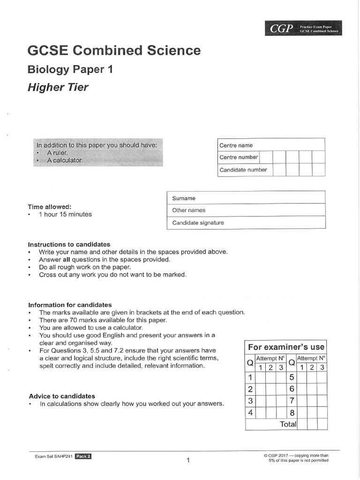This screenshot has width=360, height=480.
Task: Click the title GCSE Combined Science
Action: pyautogui.click(x=114, y=51)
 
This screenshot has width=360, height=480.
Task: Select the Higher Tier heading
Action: pyautogui.click(x=58, y=87)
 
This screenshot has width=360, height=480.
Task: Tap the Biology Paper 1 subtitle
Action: pyautogui.click(x=70, y=69)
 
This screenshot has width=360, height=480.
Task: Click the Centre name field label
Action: pyautogui.click(x=236, y=145)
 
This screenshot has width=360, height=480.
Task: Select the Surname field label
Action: pyautogui.click(x=184, y=198)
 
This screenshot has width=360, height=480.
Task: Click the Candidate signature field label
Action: pyautogui.click(x=198, y=223)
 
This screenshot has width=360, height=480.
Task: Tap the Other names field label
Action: pyautogui.click(x=188, y=210)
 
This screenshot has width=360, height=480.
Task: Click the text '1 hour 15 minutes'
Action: pyautogui.click(x=65, y=214)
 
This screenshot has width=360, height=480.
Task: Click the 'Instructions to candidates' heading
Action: pyautogui.click(x=69, y=244)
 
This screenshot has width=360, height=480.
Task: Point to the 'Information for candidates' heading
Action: pyautogui.click(x=70, y=305)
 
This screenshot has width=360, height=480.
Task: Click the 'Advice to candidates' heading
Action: pyautogui.click(x=62, y=396)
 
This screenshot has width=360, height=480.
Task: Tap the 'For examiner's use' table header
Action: pyautogui.click(x=286, y=347)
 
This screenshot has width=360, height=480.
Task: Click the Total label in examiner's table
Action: pyautogui.click(x=288, y=424)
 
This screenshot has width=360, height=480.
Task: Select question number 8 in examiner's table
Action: pyautogui.click(x=292, y=412)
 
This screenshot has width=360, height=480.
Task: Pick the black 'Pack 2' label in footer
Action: pyautogui.click(x=83, y=456)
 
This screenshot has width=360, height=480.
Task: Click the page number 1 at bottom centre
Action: pyautogui.click(x=187, y=460)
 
